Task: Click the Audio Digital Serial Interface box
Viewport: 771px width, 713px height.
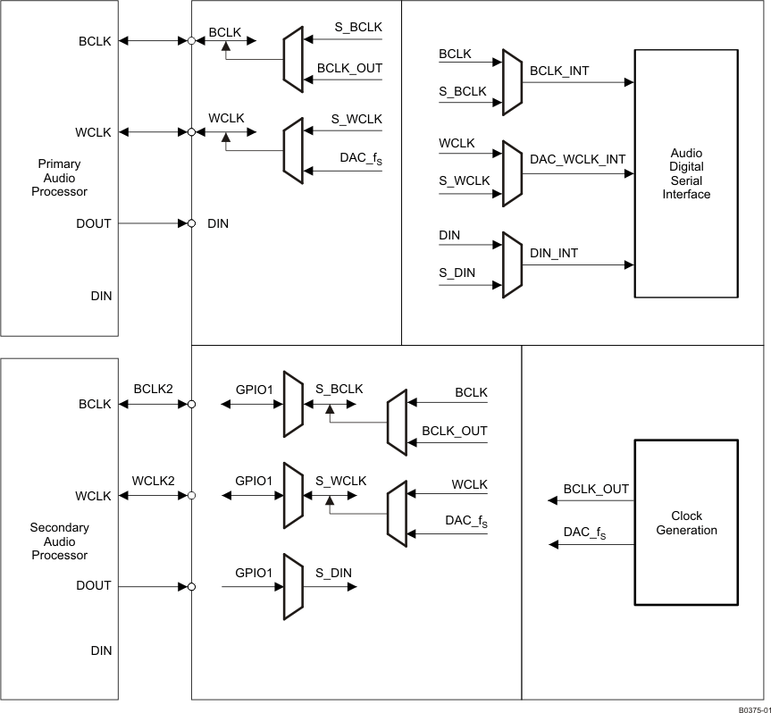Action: pos(686,174)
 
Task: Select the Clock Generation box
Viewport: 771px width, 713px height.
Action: pos(686,523)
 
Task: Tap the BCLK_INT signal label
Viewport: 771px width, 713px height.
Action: pos(559,70)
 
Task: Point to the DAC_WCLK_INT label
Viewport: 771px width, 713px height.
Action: pos(577,159)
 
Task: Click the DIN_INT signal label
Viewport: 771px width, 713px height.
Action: pos(554,253)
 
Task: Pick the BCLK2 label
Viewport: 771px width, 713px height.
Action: pos(154,390)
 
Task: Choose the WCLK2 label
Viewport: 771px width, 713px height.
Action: pos(154,481)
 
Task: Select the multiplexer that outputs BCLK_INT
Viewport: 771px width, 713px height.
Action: pos(511,82)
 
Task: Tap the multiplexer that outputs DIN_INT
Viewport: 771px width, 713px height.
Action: pos(511,265)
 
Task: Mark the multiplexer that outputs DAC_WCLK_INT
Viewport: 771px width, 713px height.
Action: pos(511,172)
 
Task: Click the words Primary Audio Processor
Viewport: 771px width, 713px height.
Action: pos(59,178)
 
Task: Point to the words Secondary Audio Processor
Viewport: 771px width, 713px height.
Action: pos(59,541)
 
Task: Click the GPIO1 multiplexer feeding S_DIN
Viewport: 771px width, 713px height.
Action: pos(292,586)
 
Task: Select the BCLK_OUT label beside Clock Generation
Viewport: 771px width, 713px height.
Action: pos(596,489)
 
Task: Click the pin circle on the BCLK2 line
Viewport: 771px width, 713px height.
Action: pos(191,404)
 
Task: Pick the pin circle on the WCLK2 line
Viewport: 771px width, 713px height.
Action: pos(191,495)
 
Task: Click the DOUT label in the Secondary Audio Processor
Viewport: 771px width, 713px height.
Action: pos(94,585)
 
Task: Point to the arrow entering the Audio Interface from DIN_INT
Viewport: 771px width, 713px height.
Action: pos(629,265)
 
